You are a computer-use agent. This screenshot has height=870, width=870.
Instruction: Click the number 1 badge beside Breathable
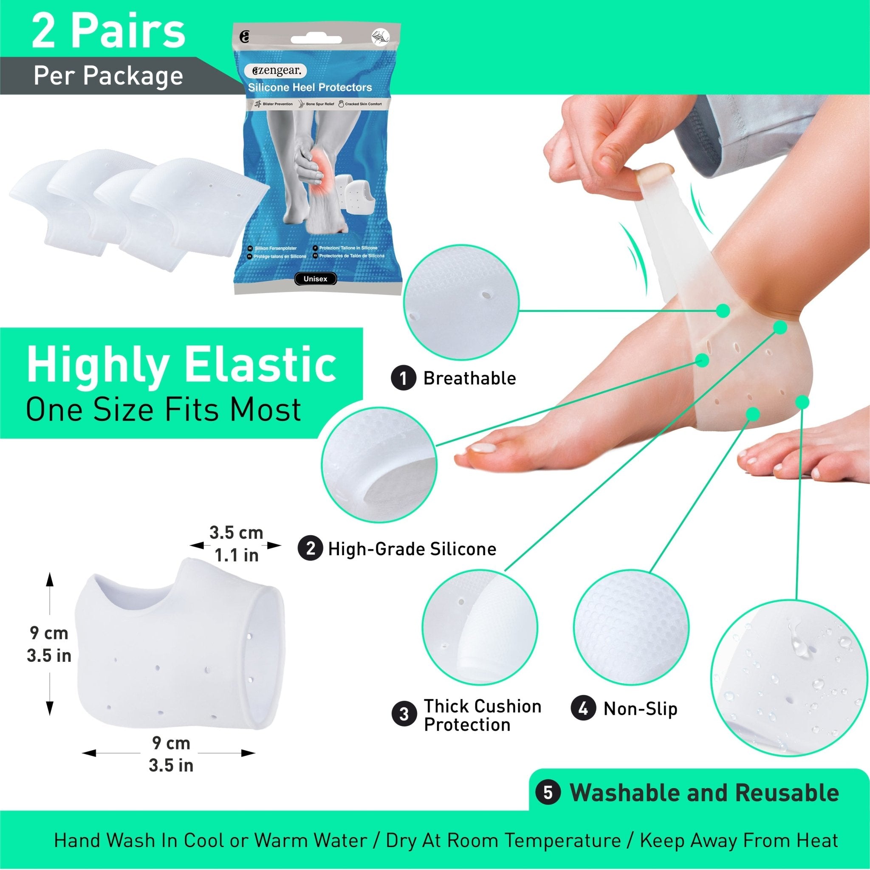point(403,378)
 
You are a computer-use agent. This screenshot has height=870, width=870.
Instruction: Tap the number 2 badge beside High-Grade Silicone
point(310,549)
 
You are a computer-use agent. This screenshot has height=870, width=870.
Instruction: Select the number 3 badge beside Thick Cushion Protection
point(404,714)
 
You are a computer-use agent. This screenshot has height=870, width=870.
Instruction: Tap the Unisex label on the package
point(315,279)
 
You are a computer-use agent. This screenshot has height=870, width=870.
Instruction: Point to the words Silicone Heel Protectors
point(310,88)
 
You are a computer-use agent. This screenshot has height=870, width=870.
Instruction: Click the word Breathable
point(469,378)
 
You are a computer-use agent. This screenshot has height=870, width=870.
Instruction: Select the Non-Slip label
point(640,709)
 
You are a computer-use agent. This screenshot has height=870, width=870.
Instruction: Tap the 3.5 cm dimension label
point(236,533)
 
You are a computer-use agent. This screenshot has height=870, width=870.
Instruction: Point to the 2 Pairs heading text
point(108,32)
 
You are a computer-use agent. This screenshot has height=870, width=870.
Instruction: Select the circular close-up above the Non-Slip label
point(631,629)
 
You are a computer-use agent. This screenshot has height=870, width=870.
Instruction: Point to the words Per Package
point(108,76)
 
